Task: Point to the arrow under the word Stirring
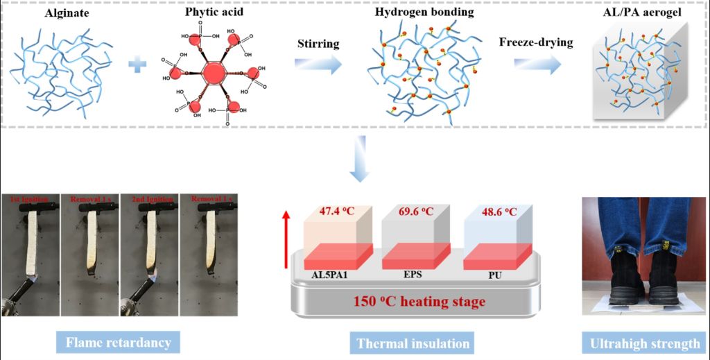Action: (318, 65)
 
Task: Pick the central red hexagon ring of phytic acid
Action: (214, 72)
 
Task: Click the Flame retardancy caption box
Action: (118, 342)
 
